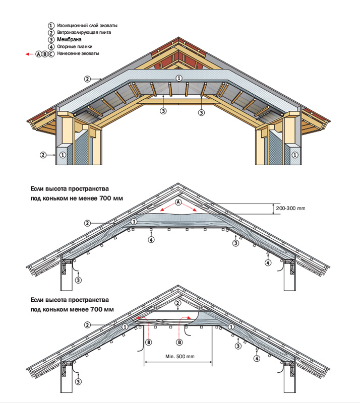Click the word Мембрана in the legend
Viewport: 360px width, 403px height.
pos(71,39)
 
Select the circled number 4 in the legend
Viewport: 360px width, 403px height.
pos(50,46)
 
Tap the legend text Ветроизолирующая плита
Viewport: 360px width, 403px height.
pos(84,32)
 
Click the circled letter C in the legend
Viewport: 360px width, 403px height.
pos(51,53)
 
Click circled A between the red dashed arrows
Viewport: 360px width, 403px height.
pos(177,201)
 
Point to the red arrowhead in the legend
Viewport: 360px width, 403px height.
pos(27,53)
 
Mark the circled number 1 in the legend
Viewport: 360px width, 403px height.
pos(50,25)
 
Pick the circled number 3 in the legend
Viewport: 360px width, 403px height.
pos(50,39)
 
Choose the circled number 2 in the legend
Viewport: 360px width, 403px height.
pos(50,32)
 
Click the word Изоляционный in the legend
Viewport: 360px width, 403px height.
pos(73,25)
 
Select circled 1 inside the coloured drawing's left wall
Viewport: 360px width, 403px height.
pos(63,155)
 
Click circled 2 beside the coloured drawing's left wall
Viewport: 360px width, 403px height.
pos(44,155)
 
